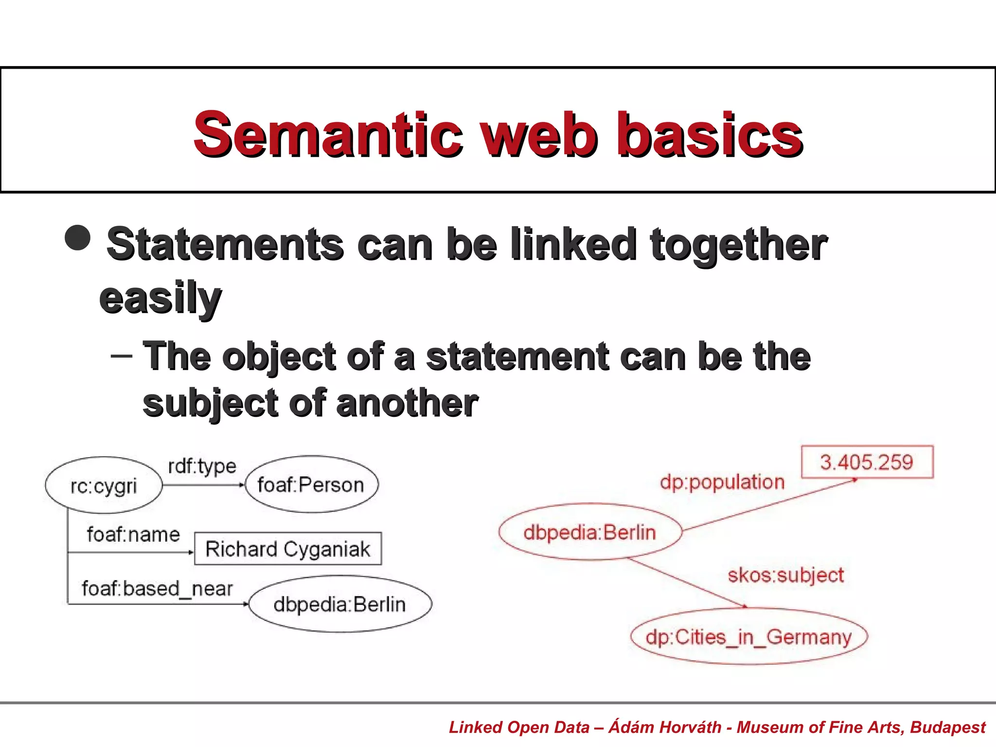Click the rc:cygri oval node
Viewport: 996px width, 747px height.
pos(104,485)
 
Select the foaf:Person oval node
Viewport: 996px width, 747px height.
pos(311,484)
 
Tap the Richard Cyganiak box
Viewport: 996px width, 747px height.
pos(288,549)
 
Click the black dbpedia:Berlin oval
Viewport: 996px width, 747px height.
pos(340,604)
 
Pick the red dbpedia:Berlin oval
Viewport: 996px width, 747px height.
pos(590,532)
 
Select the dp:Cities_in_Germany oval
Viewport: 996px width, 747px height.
pos(749,637)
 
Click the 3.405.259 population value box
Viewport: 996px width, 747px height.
pos(867,462)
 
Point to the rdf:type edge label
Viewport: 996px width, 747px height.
pos(202,466)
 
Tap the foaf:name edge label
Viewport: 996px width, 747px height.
pos(133,534)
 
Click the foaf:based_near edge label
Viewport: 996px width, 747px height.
pos(157,588)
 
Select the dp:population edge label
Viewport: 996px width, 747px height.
pos(722,482)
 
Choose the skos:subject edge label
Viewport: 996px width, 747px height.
pos(785,575)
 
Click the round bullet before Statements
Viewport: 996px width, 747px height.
pos(78,237)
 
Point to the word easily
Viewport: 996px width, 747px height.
pos(160,298)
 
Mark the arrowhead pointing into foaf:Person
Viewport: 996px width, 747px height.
pos(242,485)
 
